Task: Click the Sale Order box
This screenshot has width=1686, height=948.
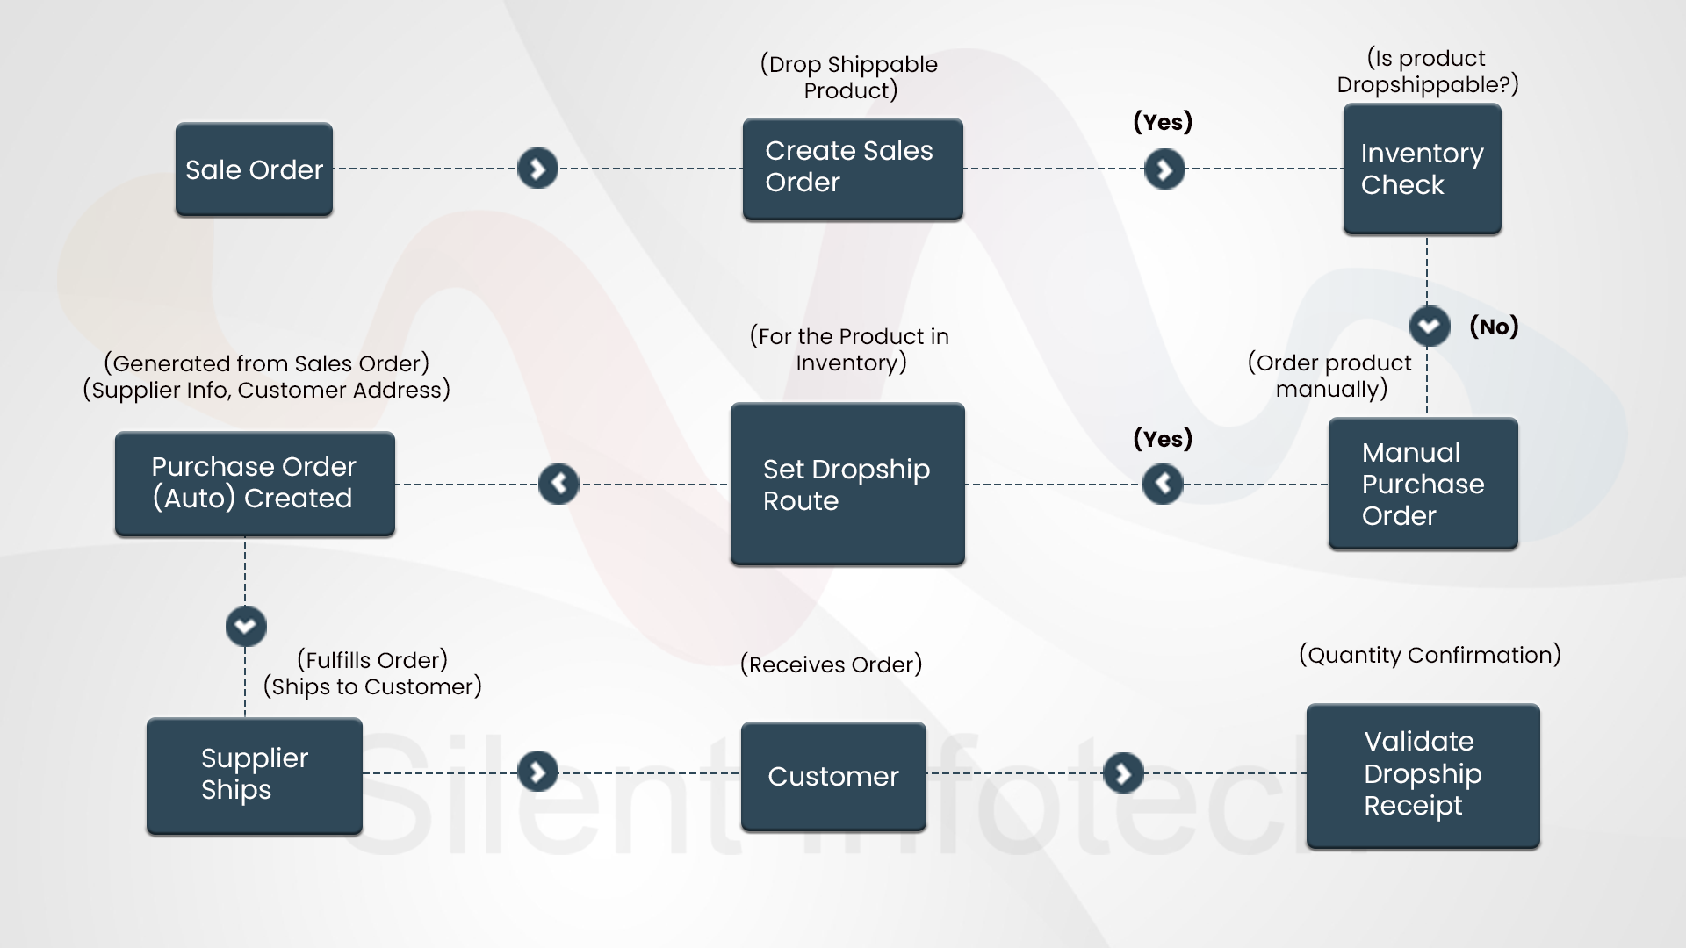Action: click(254, 169)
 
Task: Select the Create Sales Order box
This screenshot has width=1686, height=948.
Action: click(853, 169)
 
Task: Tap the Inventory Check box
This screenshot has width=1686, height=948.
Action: click(1422, 169)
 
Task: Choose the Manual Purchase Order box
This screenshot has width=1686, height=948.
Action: click(1423, 484)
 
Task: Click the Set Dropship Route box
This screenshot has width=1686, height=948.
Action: click(847, 484)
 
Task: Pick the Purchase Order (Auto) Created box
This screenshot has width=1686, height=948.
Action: click(255, 483)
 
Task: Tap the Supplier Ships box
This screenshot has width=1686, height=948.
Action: click(255, 774)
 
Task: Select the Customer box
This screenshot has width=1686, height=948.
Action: click(833, 776)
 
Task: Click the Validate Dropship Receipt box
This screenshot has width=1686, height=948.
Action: click(1423, 774)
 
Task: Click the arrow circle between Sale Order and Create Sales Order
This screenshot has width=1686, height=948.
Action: click(537, 169)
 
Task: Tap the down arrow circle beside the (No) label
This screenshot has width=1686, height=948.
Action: click(1429, 327)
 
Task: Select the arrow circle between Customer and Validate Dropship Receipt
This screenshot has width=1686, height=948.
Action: click(1123, 773)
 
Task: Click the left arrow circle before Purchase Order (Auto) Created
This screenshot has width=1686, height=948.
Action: click(558, 484)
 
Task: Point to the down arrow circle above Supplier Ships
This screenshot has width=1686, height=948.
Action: click(246, 626)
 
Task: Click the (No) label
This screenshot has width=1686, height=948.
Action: click(1494, 327)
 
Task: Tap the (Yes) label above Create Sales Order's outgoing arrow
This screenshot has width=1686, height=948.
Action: click(1163, 122)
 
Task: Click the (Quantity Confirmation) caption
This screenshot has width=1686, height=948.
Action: click(1430, 655)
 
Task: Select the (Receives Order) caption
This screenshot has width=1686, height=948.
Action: click(831, 664)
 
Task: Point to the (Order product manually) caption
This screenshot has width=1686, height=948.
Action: click(1330, 376)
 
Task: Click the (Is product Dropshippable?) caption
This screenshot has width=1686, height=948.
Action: click(1428, 71)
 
